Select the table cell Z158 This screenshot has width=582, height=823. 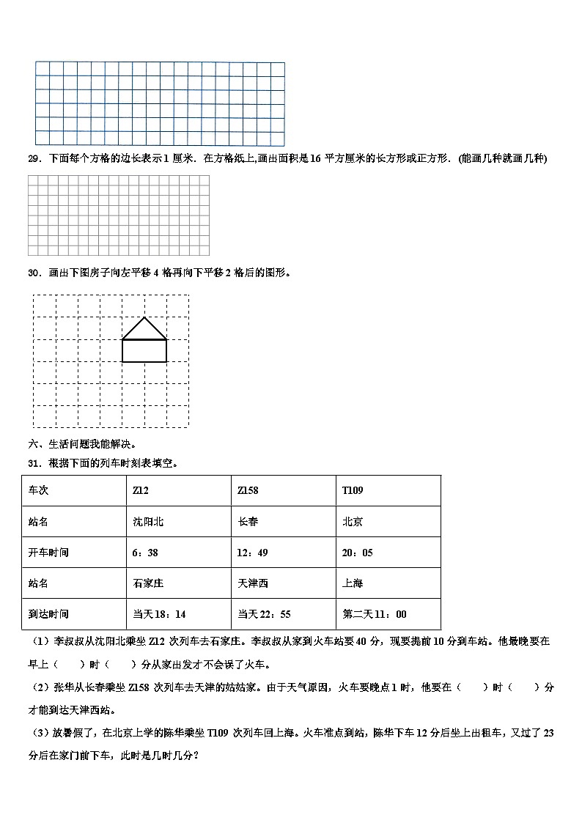(248, 490)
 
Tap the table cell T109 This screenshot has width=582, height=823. (353, 490)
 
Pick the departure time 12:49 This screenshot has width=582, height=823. (253, 553)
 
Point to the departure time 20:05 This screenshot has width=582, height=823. (358, 553)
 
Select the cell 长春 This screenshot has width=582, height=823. (248, 522)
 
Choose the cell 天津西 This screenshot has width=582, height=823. (253, 583)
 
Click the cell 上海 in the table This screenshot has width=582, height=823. (353, 583)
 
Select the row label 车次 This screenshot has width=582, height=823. (38, 490)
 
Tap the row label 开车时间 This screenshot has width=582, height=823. (48, 553)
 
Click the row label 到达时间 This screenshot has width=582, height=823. (48, 614)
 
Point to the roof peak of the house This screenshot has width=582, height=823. (144, 317)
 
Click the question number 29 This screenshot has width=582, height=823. (33, 159)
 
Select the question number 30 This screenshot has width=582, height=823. (33, 273)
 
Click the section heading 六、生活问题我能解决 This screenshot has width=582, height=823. (82, 445)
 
